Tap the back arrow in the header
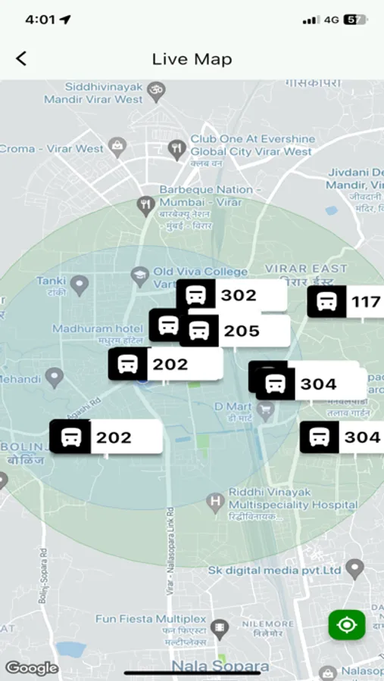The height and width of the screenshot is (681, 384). (21, 59)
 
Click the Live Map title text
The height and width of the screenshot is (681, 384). (192, 59)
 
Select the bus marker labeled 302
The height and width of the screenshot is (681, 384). (231, 295)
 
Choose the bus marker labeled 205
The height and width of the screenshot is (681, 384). (234, 331)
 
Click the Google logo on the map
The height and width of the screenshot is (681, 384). (32, 667)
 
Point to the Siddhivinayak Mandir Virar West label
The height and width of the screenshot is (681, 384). (93, 93)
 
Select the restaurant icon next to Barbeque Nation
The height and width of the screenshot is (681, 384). (145, 203)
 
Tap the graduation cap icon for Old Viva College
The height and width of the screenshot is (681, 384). (139, 276)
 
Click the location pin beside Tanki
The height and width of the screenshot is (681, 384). (79, 285)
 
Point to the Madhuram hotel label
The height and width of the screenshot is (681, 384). (97, 328)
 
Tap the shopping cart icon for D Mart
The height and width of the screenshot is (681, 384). (265, 412)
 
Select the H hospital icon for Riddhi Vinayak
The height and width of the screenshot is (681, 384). (215, 501)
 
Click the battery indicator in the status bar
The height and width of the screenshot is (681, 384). (354, 20)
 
